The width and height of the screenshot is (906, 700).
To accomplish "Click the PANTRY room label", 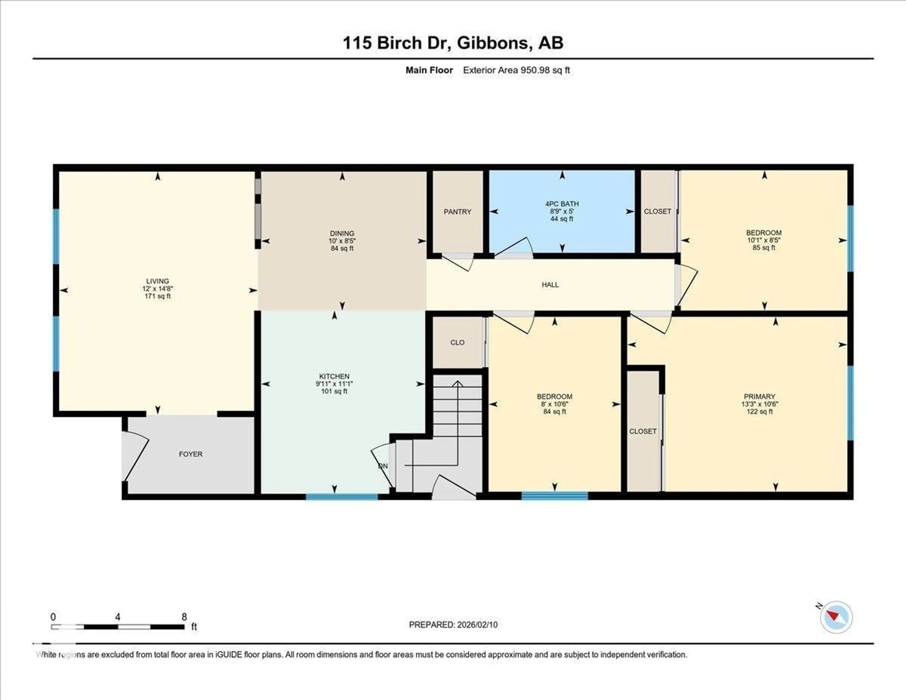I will pos(457,212).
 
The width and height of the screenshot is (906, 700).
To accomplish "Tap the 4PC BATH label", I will pos(562,204).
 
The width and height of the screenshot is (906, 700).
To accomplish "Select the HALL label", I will pos(550,285).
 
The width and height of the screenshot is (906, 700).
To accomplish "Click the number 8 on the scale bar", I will pos(184,617).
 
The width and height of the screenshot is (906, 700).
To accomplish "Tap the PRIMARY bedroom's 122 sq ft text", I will pos(759,412).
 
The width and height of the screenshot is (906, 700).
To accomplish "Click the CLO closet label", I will pos(457,342).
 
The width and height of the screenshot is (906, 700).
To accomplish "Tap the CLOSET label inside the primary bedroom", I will pos(643,431).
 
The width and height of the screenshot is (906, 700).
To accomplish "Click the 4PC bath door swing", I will pos(514,248).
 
